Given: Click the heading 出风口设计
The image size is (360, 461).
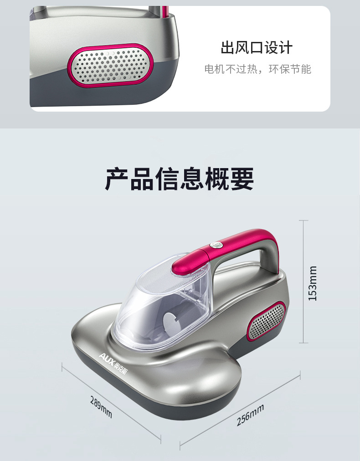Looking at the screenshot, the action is (257, 48).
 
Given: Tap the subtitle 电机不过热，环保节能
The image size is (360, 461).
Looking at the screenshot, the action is (257, 70).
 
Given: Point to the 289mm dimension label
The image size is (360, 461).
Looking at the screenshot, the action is (101, 407).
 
